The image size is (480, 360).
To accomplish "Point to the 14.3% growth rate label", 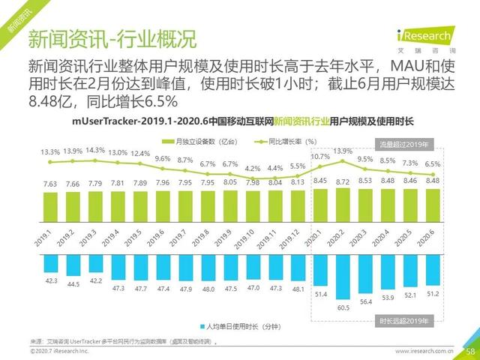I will pos(95,150).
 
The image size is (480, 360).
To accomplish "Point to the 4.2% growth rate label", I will pos(253,169).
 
